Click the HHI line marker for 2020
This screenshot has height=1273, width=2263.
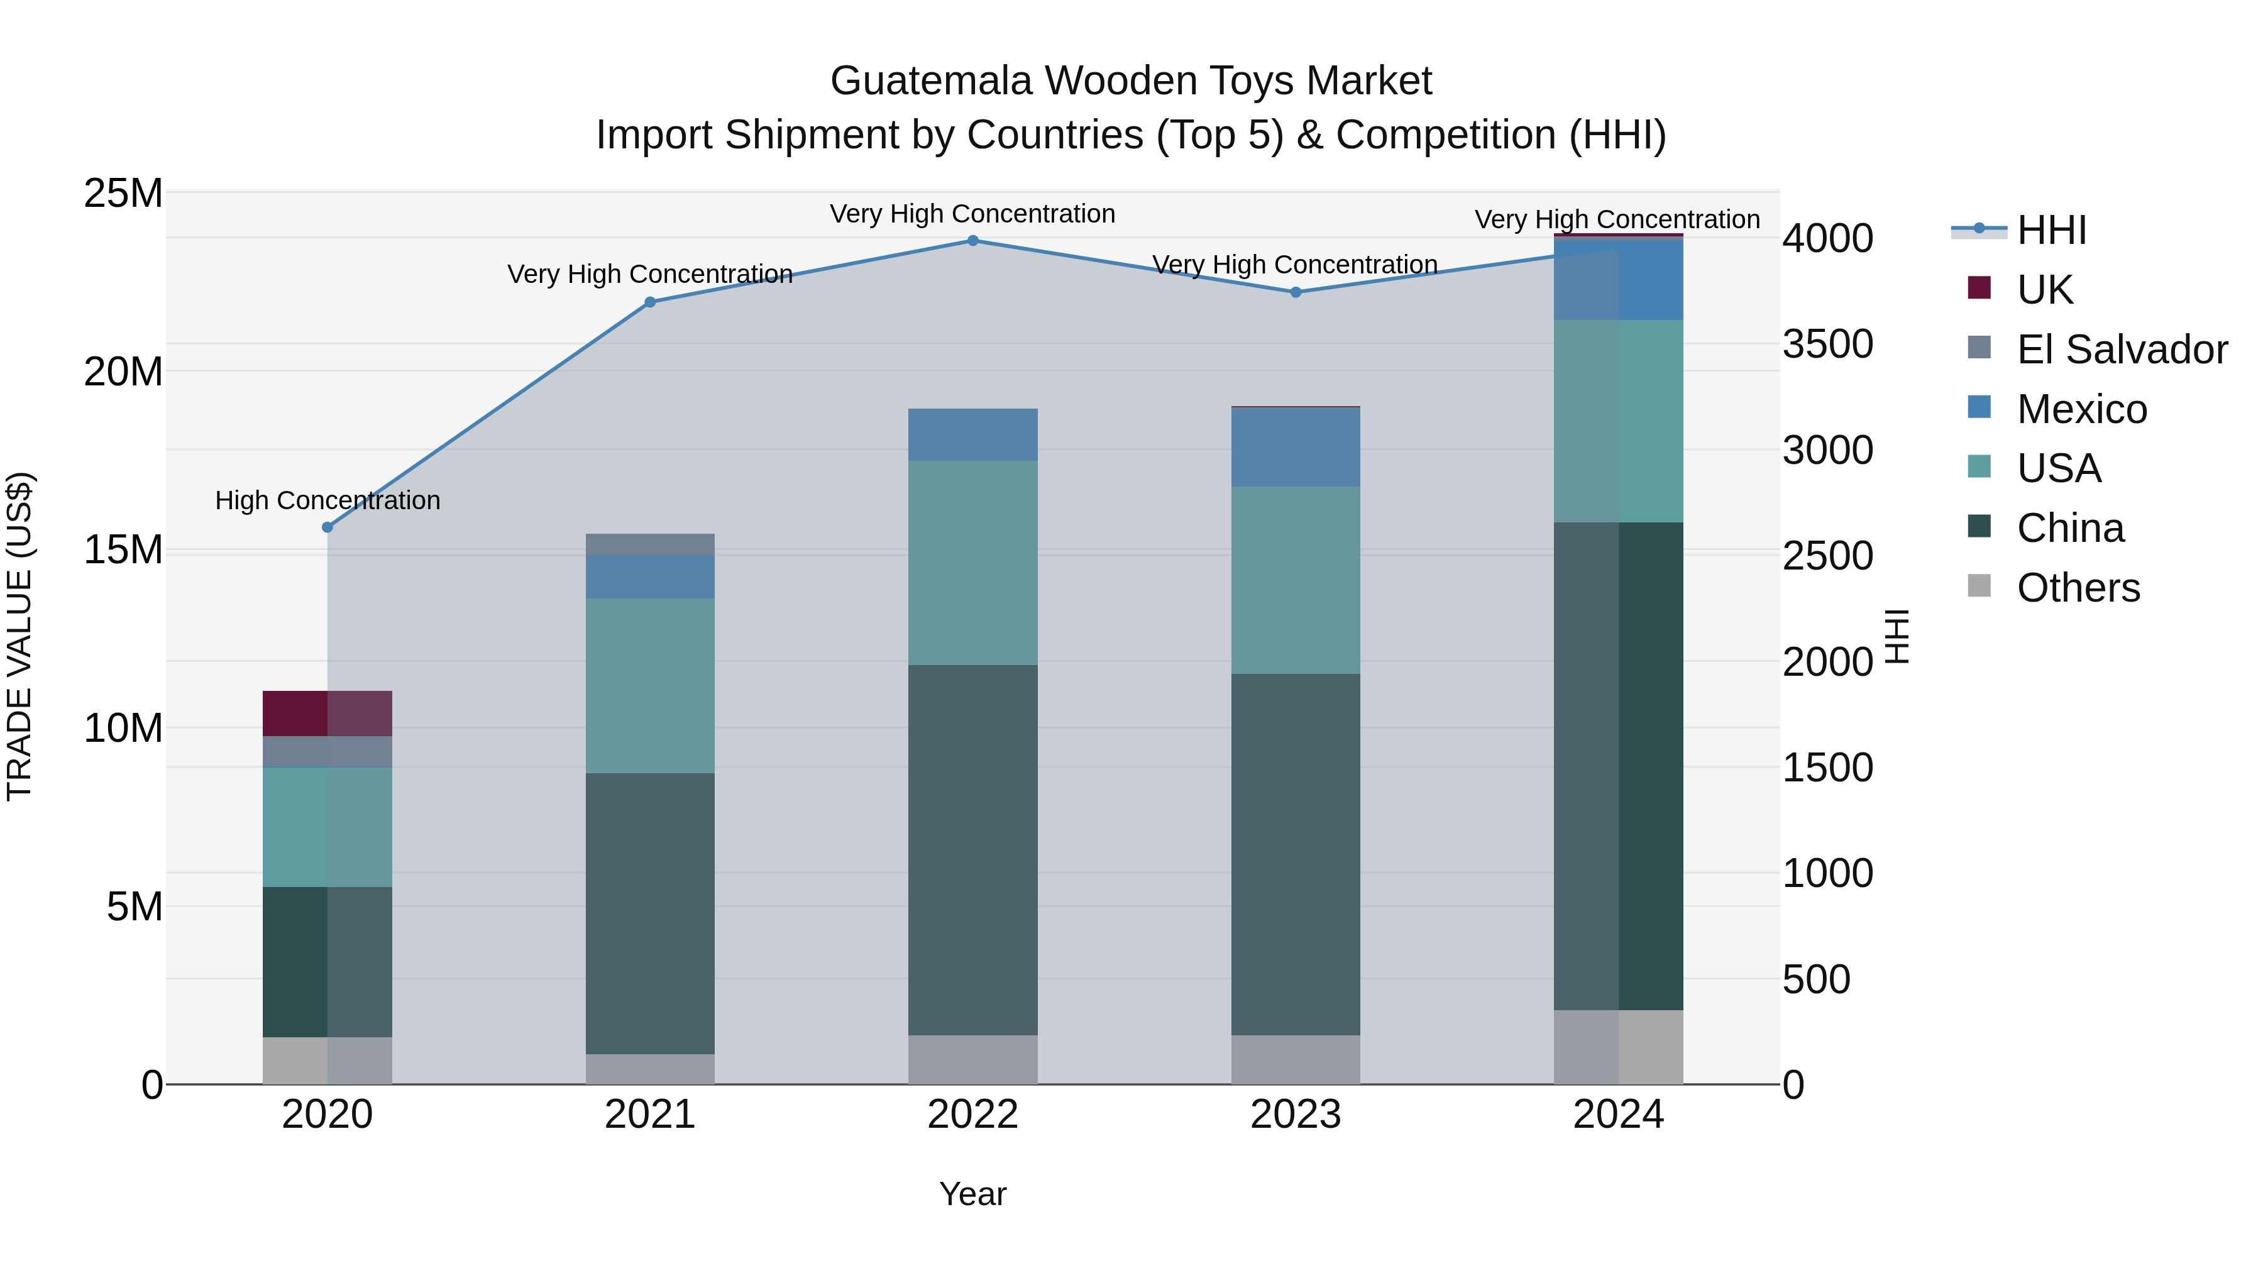click(x=328, y=527)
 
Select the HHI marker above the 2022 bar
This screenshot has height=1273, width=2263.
click(x=972, y=241)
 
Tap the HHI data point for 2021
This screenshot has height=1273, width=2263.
click(x=650, y=302)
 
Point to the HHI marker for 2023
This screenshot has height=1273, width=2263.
click(x=1296, y=292)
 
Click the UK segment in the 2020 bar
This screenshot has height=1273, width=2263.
click(x=328, y=714)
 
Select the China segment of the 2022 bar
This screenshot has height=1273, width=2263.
click(x=972, y=849)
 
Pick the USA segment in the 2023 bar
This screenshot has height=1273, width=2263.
click(x=1296, y=580)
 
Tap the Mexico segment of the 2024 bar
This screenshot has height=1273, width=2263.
click(x=1618, y=279)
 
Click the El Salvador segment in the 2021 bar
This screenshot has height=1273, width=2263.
click(x=650, y=544)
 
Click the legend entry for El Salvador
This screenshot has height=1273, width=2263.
click(x=2121, y=350)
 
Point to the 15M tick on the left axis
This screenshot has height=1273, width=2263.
click(x=123, y=550)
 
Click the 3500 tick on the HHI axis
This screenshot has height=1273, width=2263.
click(x=1828, y=344)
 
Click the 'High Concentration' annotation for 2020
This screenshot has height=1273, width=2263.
click(x=328, y=501)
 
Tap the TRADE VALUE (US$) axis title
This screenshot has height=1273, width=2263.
click(x=19, y=636)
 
